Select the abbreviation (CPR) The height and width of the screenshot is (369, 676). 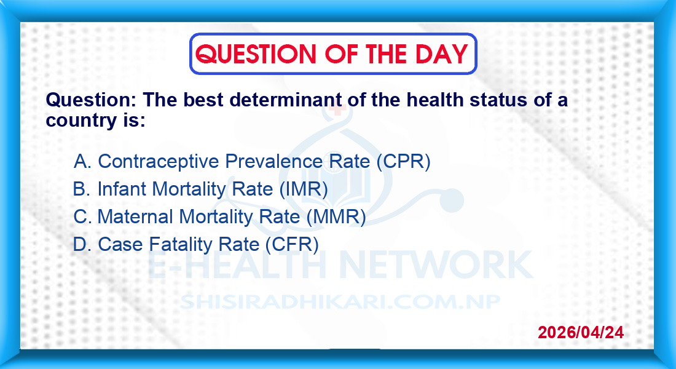(404, 161)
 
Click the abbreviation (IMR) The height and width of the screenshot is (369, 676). (304, 189)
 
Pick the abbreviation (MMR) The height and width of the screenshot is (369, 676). (336, 216)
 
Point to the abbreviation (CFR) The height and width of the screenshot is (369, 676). (292, 244)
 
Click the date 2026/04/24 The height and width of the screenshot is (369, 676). (581, 332)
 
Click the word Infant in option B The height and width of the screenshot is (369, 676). (122, 189)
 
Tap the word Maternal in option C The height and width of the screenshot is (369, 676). (135, 216)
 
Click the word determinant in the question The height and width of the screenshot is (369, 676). (285, 100)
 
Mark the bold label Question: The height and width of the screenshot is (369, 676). (91, 100)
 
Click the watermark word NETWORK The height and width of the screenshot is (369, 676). (436, 264)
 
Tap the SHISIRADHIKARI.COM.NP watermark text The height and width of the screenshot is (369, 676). (340, 301)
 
